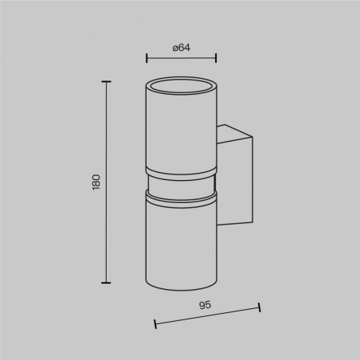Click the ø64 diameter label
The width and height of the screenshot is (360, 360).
(x=182, y=48)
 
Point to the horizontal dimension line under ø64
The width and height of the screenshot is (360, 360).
(x=182, y=58)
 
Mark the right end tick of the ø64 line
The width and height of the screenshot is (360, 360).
(x=216, y=58)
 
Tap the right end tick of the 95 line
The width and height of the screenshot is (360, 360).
(x=260, y=307)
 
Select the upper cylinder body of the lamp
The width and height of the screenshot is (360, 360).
(x=182, y=127)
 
